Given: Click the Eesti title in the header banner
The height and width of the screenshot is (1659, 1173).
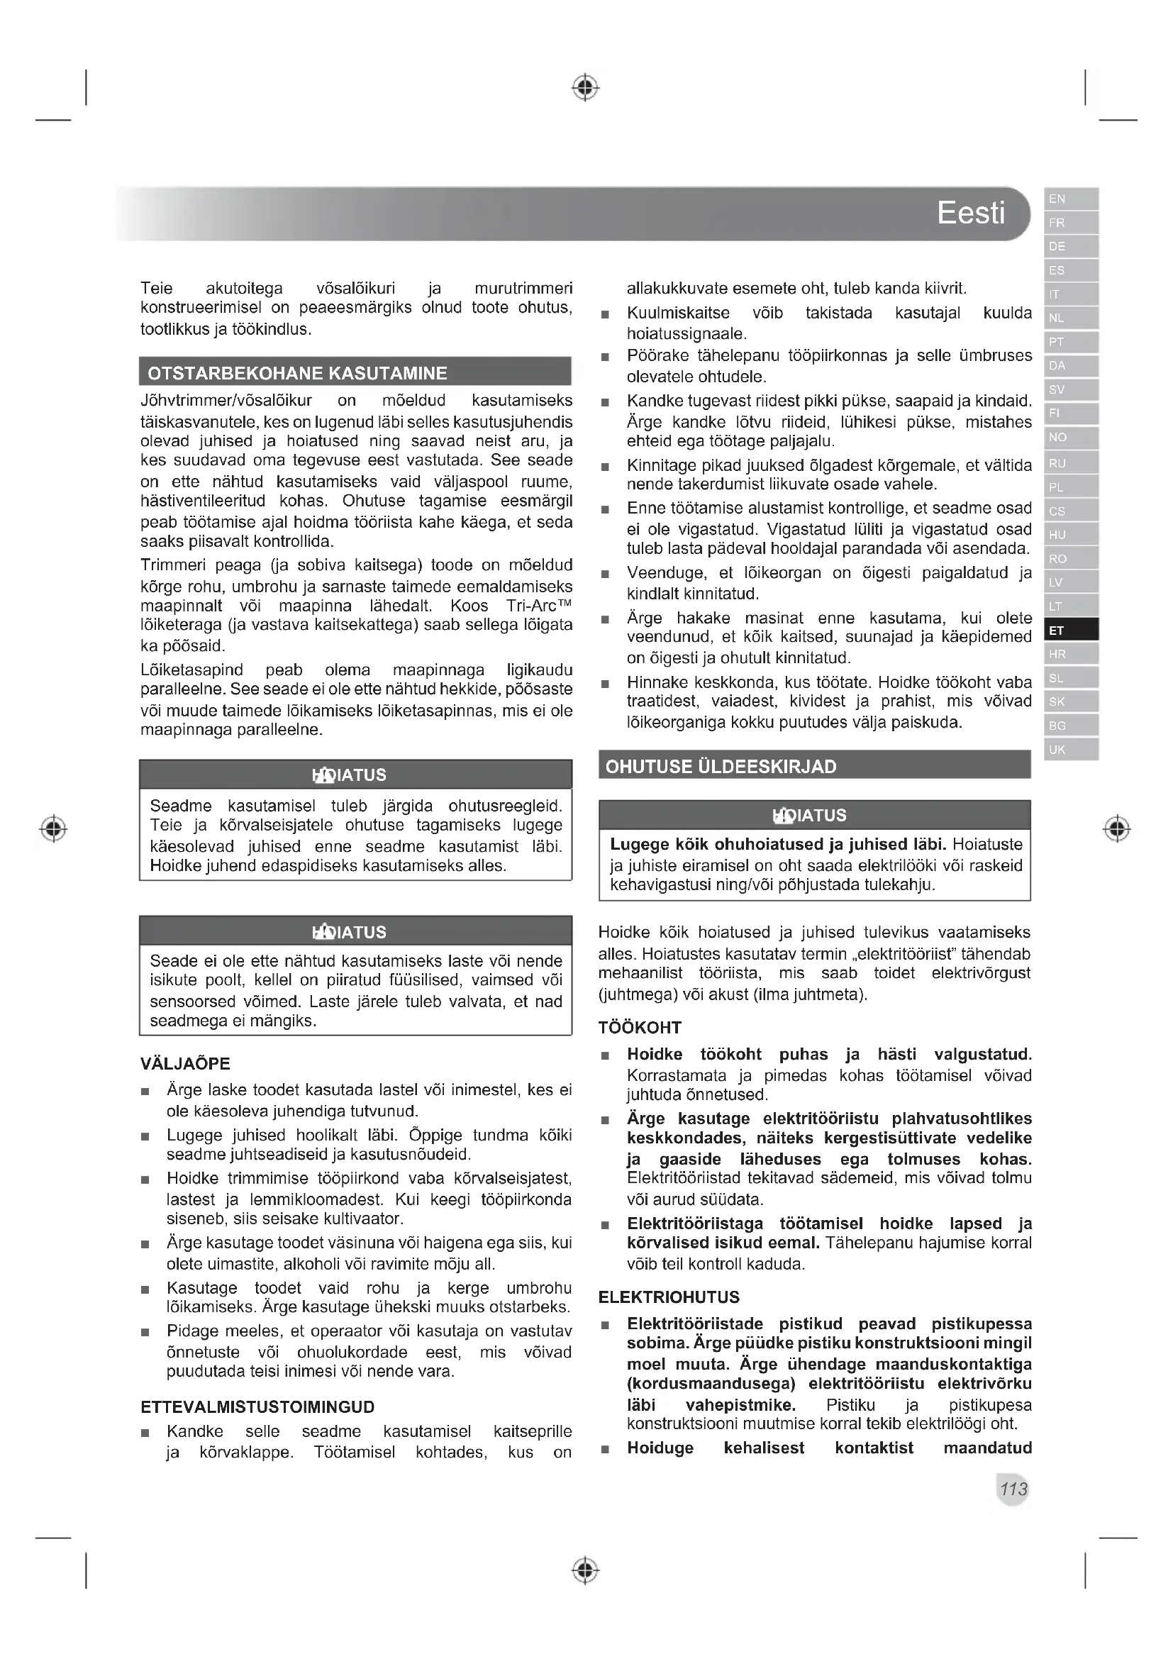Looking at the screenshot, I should [x=970, y=213].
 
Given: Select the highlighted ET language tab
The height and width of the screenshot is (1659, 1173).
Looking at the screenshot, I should [x=1070, y=630].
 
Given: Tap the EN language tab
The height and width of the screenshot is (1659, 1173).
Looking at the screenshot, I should [x=1070, y=199].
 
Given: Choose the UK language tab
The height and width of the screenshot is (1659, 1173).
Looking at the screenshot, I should [x=1070, y=749].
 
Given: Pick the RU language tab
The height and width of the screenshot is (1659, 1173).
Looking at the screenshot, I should [x=1070, y=463].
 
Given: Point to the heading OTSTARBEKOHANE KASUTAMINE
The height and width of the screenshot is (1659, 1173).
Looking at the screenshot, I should [x=297, y=373].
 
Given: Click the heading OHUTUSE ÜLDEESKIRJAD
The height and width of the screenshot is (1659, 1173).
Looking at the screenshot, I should [x=720, y=767].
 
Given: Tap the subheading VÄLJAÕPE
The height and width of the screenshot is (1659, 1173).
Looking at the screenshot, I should [x=185, y=1064].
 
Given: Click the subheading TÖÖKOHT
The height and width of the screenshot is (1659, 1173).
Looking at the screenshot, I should [x=639, y=1028].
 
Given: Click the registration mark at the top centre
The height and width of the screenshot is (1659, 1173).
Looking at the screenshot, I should [x=585, y=87].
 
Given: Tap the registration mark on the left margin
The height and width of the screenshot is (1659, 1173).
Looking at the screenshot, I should [x=53, y=828].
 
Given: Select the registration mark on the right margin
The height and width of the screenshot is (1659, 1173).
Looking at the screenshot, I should [x=1117, y=828].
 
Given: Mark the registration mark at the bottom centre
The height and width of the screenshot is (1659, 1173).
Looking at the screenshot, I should [x=585, y=1570].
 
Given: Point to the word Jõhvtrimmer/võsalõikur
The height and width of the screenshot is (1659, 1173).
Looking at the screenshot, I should [x=226, y=400].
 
